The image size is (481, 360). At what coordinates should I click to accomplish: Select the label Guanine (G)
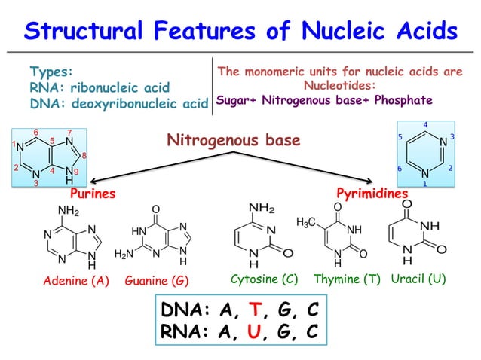(157, 281)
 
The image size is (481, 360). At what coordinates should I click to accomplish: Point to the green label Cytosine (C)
(264, 279)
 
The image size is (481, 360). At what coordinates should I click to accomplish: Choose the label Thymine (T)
(347, 279)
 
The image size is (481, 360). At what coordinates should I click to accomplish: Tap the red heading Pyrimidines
(372, 194)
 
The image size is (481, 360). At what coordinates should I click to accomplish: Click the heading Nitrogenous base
(233, 140)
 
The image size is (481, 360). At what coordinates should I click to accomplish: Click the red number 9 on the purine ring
(75, 172)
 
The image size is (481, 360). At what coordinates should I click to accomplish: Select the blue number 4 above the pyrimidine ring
(425, 124)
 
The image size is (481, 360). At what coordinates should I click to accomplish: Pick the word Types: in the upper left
(51, 72)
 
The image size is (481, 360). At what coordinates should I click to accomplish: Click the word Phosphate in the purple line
(405, 100)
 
